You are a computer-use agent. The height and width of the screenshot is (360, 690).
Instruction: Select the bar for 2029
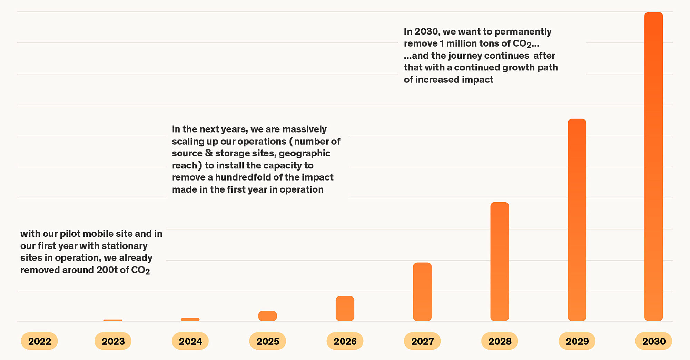point(577,220)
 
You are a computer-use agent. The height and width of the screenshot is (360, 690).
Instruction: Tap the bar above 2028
point(500,261)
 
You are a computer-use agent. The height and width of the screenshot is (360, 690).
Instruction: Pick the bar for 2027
point(422,292)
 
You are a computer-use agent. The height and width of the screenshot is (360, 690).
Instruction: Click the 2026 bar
point(345,308)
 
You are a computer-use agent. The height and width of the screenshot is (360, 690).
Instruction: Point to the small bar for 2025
point(267,316)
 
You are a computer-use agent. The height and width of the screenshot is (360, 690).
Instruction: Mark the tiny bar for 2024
point(190,320)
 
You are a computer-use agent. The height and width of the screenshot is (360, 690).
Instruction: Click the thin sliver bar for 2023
point(113,320)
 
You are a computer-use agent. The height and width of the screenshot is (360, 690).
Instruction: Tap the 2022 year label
point(39,341)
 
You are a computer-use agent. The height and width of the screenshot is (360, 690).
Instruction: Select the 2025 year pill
point(268,341)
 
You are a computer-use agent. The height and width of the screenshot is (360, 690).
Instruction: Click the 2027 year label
point(422,341)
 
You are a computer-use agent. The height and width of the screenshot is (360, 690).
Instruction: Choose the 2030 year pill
point(654,341)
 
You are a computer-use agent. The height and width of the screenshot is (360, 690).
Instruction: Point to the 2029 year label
point(577,341)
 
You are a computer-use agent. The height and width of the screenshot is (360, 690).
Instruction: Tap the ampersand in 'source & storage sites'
point(209,153)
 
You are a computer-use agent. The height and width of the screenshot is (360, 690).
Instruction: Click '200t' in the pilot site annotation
point(107,270)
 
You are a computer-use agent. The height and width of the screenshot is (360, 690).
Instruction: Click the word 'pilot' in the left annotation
point(70,234)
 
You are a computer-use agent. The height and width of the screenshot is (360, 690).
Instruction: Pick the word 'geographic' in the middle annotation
point(304,153)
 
